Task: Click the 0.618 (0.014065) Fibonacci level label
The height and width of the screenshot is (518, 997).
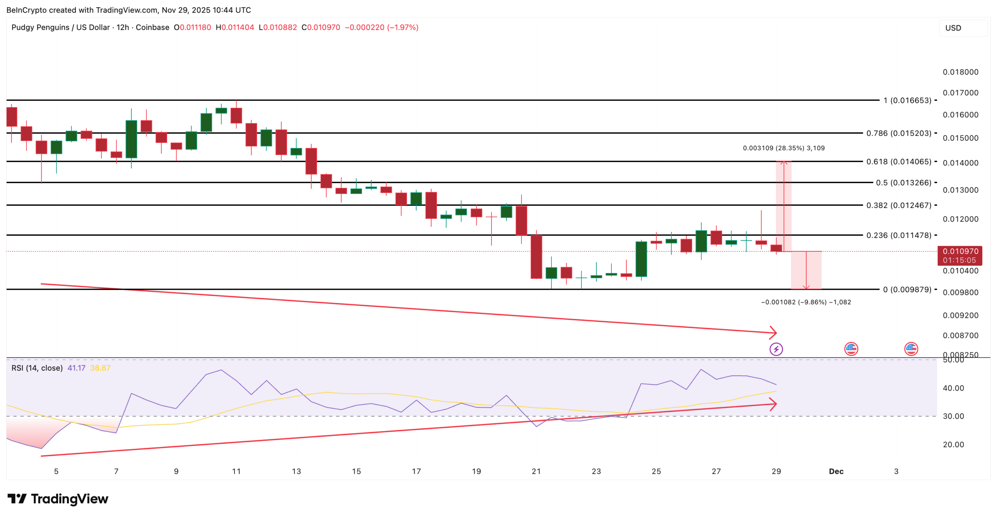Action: pos(898,162)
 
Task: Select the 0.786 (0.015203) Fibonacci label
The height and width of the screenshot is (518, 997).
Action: pos(898,133)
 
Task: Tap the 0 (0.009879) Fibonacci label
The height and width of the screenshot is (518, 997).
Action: pos(907,289)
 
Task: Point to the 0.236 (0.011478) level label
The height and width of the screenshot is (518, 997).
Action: pos(898,235)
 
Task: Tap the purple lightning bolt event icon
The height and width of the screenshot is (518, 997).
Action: pos(776,349)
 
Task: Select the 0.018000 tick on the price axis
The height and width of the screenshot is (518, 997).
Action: pos(960,72)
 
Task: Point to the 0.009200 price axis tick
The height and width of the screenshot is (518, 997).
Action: pos(960,315)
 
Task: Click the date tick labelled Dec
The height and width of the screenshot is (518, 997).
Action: pos(836,471)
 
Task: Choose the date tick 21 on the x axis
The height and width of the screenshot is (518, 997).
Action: pos(536,471)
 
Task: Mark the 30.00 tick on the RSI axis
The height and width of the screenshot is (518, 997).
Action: pos(953,416)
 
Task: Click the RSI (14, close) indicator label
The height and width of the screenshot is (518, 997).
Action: pos(37,368)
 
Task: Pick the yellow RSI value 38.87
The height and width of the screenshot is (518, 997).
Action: pos(100,368)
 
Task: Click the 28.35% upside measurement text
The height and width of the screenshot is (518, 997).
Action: pos(784,148)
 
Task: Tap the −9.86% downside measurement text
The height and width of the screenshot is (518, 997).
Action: pos(806,302)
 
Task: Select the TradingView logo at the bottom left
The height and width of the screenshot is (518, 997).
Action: pos(58,499)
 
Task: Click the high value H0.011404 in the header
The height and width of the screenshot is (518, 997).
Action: pos(235,27)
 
